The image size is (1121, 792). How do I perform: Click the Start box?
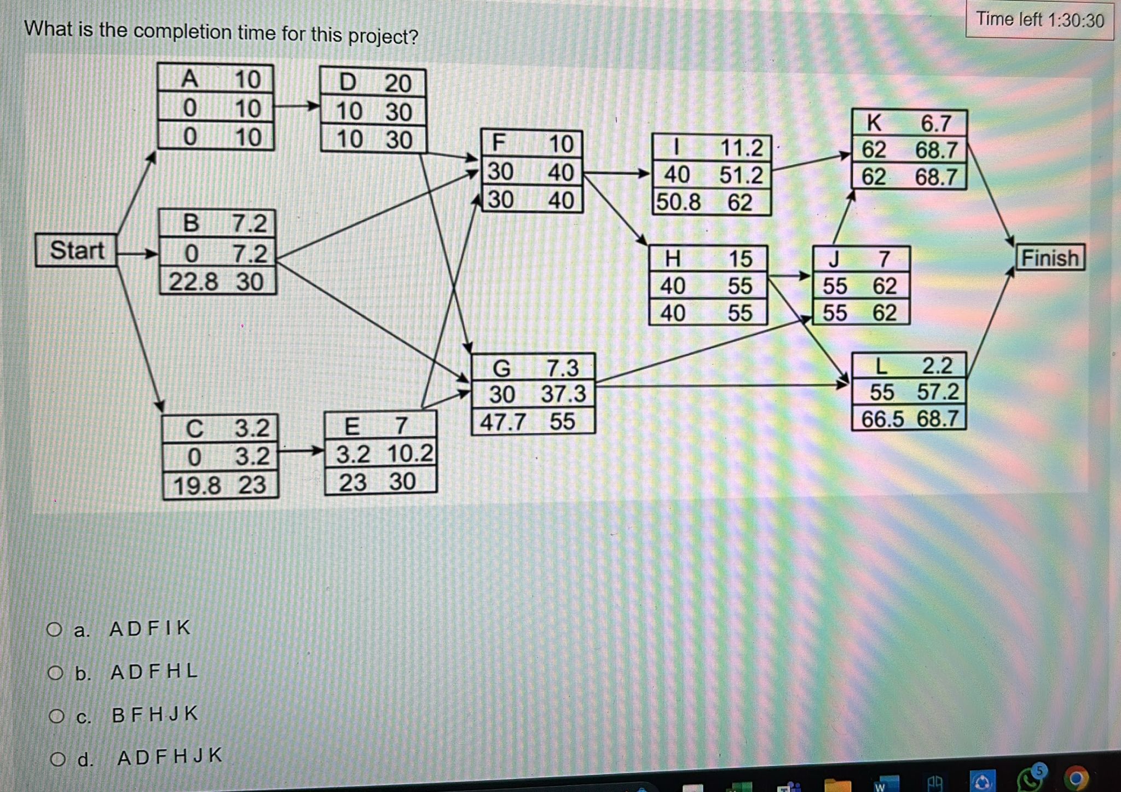pyautogui.click(x=76, y=250)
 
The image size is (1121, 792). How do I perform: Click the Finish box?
pyautogui.click(x=1050, y=257)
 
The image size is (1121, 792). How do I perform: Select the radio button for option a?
pyautogui.click(x=54, y=629)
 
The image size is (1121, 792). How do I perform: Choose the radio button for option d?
pyautogui.click(x=57, y=759)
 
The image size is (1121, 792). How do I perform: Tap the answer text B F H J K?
pyautogui.click(x=155, y=714)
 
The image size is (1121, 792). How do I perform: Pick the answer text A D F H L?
pyautogui.click(x=154, y=671)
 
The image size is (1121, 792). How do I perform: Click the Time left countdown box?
pyautogui.click(x=1039, y=20)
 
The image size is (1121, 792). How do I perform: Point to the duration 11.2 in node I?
pyautogui.click(x=741, y=148)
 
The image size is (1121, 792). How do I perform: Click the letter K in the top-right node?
pyautogui.click(x=874, y=123)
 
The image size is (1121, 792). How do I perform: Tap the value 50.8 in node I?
pyautogui.click(x=678, y=202)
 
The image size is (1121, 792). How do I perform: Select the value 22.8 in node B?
pyautogui.click(x=193, y=282)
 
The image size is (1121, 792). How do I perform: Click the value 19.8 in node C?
pyautogui.click(x=197, y=485)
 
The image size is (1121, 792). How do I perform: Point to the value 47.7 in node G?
pyautogui.click(x=503, y=422)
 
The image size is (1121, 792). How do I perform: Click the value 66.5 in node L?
pyautogui.click(x=882, y=419)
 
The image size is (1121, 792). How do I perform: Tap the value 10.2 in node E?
pyautogui.click(x=410, y=454)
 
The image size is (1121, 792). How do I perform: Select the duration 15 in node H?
pyautogui.click(x=740, y=258)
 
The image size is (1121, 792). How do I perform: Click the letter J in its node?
pyautogui.click(x=834, y=258)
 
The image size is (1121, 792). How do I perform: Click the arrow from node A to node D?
pyautogui.click(x=297, y=105)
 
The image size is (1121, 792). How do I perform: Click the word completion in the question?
pyautogui.click(x=182, y=32)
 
